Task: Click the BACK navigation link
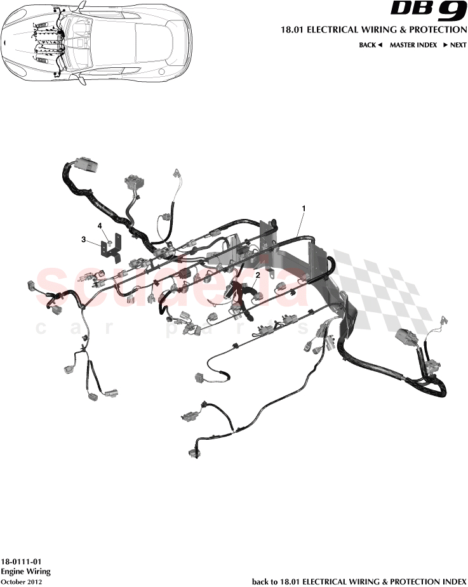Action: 367,45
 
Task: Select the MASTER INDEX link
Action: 413,45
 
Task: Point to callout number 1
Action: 304,208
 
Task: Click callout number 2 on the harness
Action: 257,275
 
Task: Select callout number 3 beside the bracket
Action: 83,239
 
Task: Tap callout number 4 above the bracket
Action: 100,225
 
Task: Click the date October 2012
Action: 22,581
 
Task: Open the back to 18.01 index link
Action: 359,581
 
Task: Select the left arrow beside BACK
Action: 380,45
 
